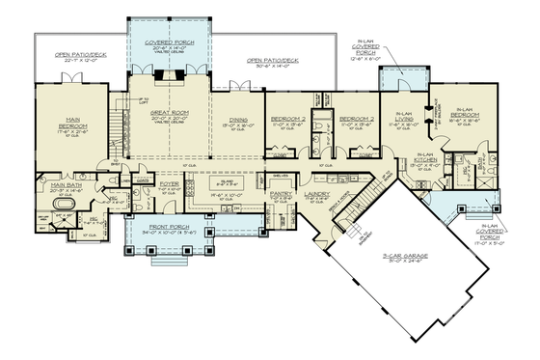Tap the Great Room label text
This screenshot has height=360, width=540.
168,116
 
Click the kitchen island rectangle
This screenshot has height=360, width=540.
228,183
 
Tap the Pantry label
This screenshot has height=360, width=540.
281,194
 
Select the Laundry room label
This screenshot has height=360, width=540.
317,194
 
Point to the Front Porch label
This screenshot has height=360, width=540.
171,227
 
